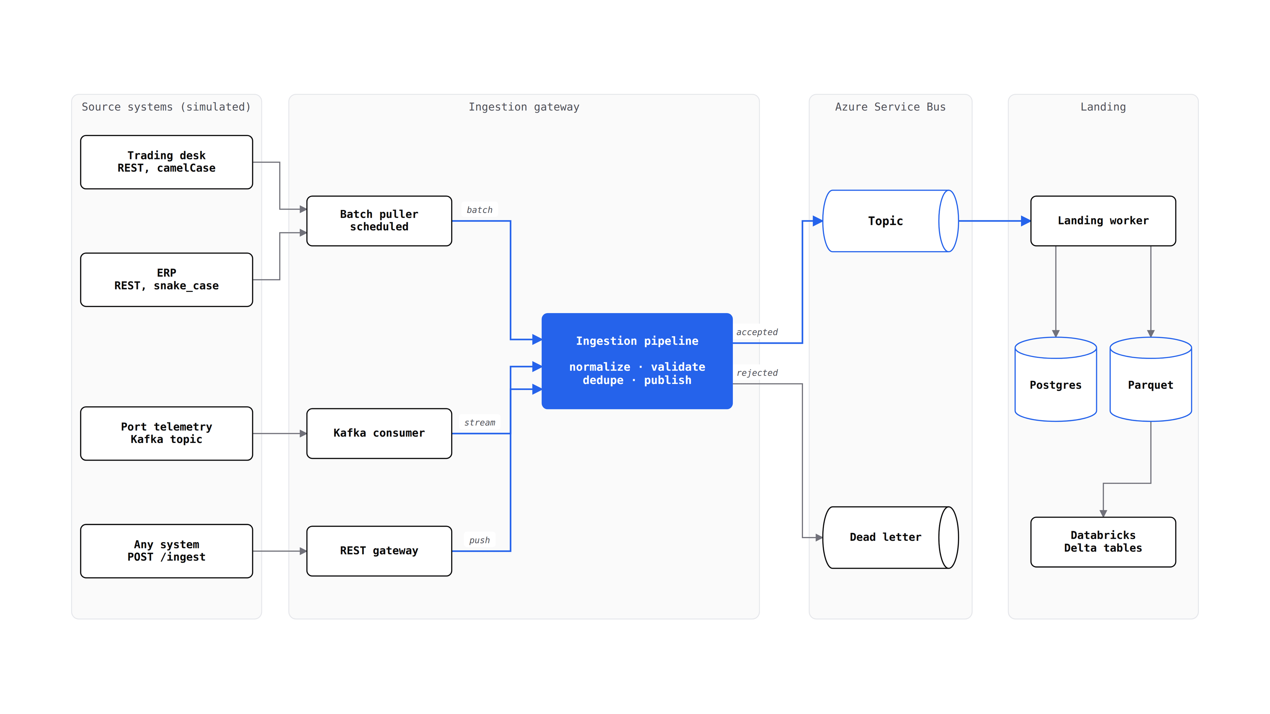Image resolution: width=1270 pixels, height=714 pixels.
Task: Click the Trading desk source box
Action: [x=167, y=162]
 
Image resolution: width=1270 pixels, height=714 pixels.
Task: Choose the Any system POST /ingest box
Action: [x=167, y=551]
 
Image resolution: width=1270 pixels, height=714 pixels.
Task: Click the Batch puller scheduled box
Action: [x=379, y=221]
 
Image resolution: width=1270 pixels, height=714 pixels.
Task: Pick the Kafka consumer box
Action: [x=379, y=433]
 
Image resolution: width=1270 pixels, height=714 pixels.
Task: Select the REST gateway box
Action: [x=379, y=551]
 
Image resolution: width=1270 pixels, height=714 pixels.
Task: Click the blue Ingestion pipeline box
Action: [x=637, y=361]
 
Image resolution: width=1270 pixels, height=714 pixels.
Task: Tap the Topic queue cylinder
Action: [x=890, y=221]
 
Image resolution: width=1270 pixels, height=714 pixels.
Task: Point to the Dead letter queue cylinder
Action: [x=890, y=537]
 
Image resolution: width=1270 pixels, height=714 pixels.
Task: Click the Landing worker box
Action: [x=1103, y=221]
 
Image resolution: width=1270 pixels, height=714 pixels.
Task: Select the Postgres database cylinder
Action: [x=1056, y=379]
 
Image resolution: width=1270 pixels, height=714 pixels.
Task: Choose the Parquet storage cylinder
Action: [x=1151, y=379]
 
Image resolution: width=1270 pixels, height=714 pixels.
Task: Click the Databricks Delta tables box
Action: [x=1103, y=541]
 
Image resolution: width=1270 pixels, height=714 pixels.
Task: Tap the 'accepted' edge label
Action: [x=757, y=332]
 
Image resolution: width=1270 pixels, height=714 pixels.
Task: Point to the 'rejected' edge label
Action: [x=757, y=373]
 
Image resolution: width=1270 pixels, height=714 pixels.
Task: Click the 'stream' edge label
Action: [x=480, y=422]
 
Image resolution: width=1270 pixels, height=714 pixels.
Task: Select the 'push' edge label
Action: [x=480, y=540]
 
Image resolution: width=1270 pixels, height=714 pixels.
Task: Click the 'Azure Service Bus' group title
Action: [x=890, y=107]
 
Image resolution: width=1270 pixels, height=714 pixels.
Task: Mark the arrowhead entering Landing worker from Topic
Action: [x=1026, y=221]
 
